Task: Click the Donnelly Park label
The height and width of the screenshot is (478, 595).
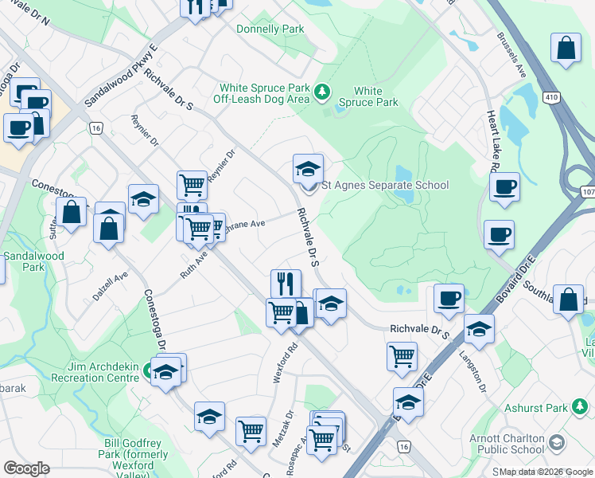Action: [x=270, y=29]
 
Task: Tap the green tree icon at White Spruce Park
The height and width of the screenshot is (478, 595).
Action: [x=322, y=92]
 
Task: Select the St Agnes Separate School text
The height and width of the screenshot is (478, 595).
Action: [x=385, y=186]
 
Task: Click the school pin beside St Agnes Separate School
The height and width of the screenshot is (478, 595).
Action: [x=308, y=170]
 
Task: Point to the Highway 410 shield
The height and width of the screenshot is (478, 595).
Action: [x=550, y=96]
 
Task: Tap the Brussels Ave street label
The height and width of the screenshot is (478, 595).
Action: [x=511, y=55]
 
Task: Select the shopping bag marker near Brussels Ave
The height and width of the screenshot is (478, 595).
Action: [x=566, y=48]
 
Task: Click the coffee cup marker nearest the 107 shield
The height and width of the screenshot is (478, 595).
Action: [x=504, y=189]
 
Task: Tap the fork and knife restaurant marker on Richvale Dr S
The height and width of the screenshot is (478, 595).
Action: [x=286, y=283]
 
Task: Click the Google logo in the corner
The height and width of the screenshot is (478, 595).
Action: [x=26, y=468]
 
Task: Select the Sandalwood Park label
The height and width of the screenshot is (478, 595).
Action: [x=23, y=262]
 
